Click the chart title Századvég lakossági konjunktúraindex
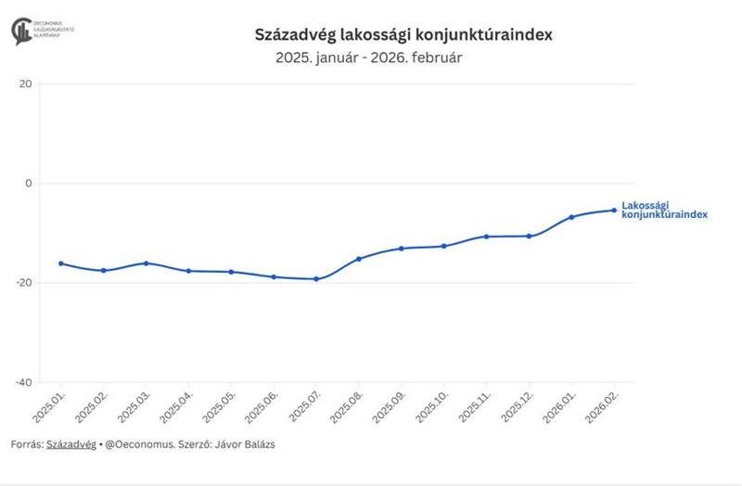pyautogui.click(x=403, y=34)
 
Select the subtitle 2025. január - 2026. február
pyautogui.click(x=368, y=58)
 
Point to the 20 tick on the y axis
pyautogui.click(x=26, y=83)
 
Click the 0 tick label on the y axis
pyautogui.click(x=29, y=183)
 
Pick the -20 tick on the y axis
pyautogui.click(x=24, y=282)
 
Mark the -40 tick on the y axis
pyautogui.click(x=24, y=381)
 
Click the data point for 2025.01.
pyautogui.click(x=61, y=263)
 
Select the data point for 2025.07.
pyautogui.click(x=316, y=279)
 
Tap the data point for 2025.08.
pyautogui.click(x=359, y=259)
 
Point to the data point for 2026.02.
pyautogui.click(x=614, y=210)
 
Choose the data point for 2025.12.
pyautogui.click(x=529, y=236)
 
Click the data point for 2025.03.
pyautogui.click(x=146, y=263)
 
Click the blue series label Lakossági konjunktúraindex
pyautogui.click(x=664, y=210)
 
